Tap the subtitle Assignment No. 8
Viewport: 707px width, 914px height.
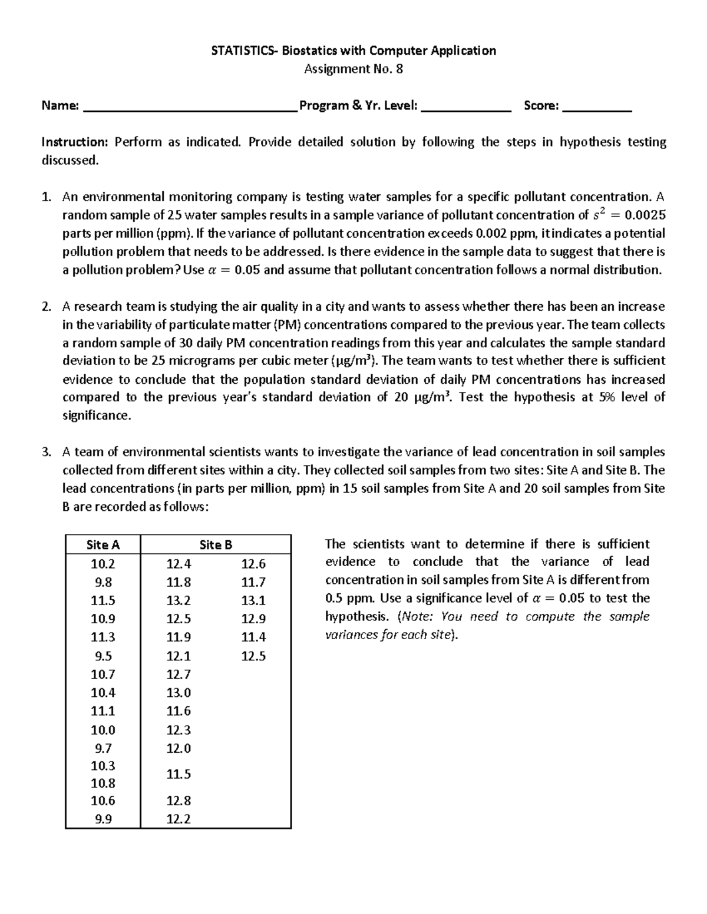point(353,69)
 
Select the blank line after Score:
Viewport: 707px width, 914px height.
point(597,107)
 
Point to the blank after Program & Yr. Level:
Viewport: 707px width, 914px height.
point(467,107)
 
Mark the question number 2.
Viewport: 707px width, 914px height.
point(46,307)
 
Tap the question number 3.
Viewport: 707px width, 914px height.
point(46,452)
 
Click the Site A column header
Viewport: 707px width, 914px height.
point(103,545)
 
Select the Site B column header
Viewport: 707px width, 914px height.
point(216,545)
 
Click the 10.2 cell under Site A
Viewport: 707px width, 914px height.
point(103,564)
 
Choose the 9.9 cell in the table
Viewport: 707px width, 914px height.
point(103,819)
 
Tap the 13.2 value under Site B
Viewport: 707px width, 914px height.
point(179,600)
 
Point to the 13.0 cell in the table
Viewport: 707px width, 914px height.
point(179,693)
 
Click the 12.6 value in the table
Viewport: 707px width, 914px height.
point(253,564)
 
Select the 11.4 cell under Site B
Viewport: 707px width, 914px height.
point(253,637)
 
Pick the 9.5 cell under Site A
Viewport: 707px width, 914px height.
point(103,656)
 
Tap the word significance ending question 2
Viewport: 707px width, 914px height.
point(95,416)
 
